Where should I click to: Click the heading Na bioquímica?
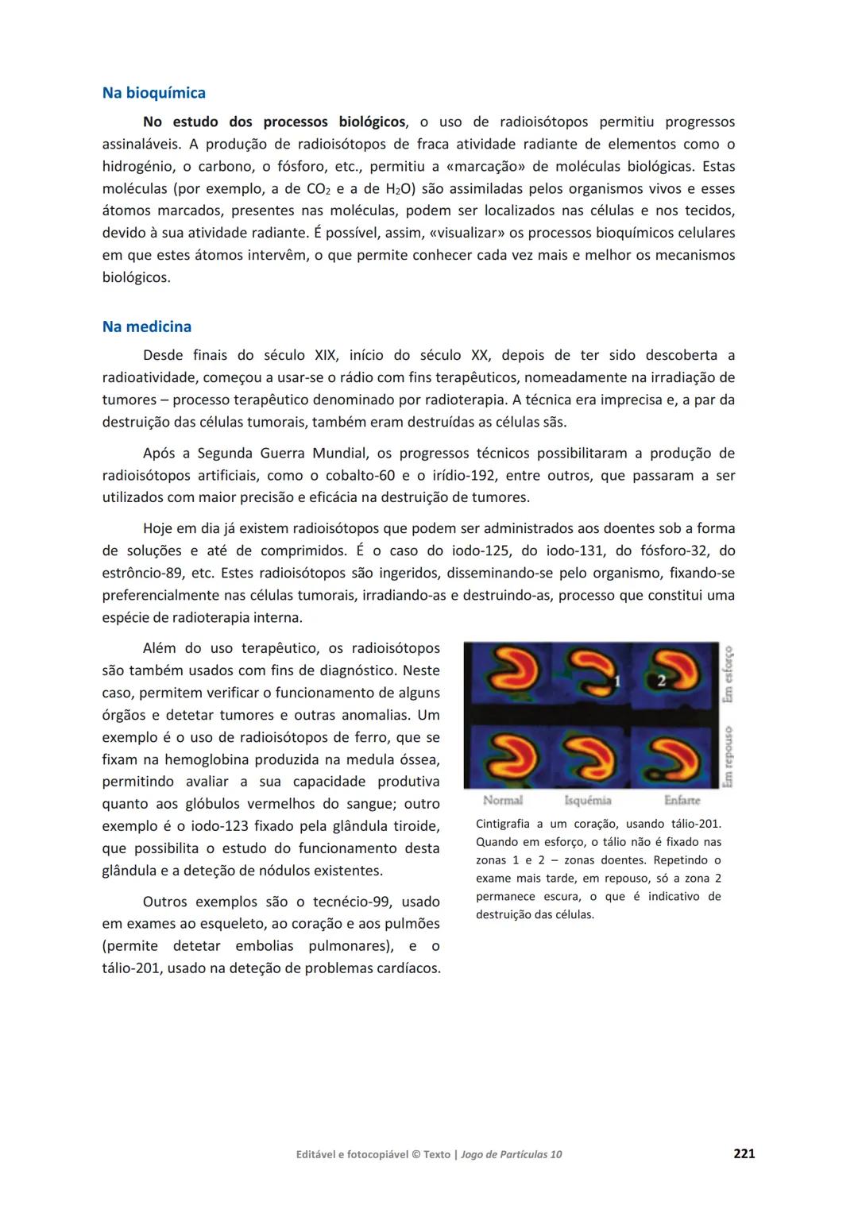click(x=153, y=93)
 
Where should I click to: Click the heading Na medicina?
click(x=146, y=326)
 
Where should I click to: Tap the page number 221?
click(x=744, y=1153)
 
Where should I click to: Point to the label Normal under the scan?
click(x=503, y=800)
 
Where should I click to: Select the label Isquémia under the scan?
click(x=588, y=800)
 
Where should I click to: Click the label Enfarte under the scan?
click(x=682, y=800)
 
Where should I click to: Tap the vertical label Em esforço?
click(x=728, y=674)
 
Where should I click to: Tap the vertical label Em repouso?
click(x=728, y=756)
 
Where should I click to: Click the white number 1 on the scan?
click(x=617, y=681)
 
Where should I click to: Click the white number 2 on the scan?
click(x=661, y=680)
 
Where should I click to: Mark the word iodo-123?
click(x=203, y=826)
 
